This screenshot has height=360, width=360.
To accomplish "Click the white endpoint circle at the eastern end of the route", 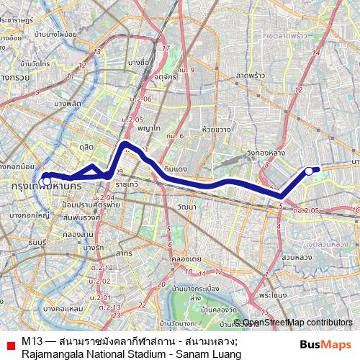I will tap(309, 171).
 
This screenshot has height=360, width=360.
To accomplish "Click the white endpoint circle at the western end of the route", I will tap(46, 180).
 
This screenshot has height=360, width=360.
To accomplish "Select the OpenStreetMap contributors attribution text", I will tap(297, 323).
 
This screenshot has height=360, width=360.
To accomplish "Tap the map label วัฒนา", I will tap(186, 207).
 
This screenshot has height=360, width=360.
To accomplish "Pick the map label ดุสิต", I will tap(88, 146).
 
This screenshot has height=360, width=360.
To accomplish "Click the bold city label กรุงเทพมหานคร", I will tap(45, 186).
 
